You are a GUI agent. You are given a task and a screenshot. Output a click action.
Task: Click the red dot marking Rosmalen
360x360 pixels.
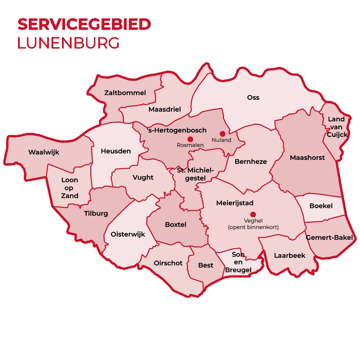[x=190, y=139]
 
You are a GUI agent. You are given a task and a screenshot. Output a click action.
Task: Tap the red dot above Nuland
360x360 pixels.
[x=222, y=134]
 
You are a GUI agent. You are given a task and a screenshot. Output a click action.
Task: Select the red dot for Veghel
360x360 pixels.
[x=253, y=214]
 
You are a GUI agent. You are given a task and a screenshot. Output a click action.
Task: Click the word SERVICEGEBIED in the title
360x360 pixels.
[x=84, y=24]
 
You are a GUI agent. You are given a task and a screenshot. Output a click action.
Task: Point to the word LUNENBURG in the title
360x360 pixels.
[x=68, y=43]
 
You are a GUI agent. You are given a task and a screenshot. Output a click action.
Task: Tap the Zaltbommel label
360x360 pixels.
[x=125, y=93]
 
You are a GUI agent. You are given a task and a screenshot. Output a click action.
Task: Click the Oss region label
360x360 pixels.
[x=253, y=98]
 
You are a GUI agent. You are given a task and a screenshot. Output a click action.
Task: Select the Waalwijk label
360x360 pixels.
[x=44, y=152]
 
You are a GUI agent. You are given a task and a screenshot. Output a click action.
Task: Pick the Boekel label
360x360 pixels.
[x=321, y=206]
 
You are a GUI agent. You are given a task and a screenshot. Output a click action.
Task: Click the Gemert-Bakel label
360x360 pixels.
[x=330, y=238]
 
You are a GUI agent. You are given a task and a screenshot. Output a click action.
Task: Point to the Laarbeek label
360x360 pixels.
[x=289, y=256]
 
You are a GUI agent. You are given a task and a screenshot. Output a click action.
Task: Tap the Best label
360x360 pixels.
[x=206, y=265]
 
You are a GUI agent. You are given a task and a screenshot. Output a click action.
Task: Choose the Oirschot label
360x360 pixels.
[x=168, y=263]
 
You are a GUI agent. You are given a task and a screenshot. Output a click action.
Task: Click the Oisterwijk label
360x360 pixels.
[x=128, y=234]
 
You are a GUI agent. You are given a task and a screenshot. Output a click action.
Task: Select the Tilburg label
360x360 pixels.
[x=96, y=213]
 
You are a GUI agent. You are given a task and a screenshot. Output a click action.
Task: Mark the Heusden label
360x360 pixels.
[x=116, y=151]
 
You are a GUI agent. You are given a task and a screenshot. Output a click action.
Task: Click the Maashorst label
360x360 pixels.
[x=307, y=158]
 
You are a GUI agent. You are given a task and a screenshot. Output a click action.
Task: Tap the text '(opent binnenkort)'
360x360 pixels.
[x=253, y=227]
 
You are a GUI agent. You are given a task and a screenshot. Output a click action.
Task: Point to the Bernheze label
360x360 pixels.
[x=251, y=162]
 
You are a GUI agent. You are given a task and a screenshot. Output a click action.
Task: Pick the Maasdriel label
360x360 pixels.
[x=165, y=109]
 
